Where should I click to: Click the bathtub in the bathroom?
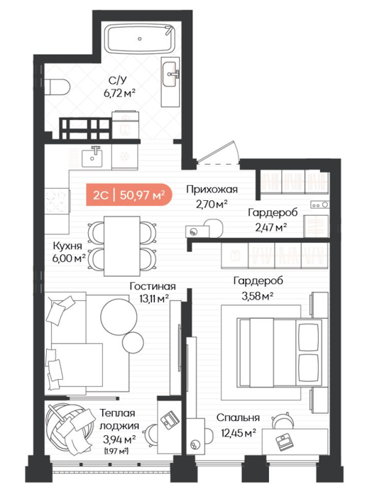(x=140, y=39)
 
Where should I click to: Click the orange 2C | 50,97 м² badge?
(x=129, y=195)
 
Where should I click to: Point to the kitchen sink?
(x=92, y=157)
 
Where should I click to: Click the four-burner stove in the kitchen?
(x=57, y=201)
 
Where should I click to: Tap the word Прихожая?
(x=212, y=190)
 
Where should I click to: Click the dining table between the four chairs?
(x=122, y=246)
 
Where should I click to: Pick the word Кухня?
(x=67, y=246)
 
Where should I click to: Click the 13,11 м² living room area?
(x=153, y=298)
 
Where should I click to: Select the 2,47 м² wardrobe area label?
(x=271, y=227)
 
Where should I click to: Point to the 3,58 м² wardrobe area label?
(x=258, y=296)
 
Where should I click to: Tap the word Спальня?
(x=238, y=417)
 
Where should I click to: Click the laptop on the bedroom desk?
(x=282, y=442)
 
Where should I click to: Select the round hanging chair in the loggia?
(x=67, y=430)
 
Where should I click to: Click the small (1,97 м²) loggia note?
(x=116, y=450)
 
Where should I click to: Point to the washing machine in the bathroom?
(x=126, y=124)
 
